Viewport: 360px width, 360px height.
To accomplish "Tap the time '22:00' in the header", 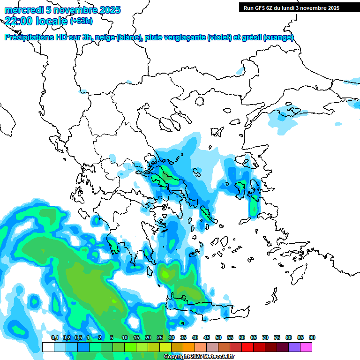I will click(x=20, y=20).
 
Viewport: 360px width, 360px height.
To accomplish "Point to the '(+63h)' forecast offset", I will click(x=82, y=21).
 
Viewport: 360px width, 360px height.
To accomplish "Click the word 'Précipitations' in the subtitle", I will click(x=29, y=37).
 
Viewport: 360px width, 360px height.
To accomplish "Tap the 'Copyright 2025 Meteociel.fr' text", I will click(x=199, y=357).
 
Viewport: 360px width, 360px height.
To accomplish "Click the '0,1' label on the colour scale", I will click(x=54, y=337).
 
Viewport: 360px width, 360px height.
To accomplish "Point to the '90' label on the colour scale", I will click(x=312, y=337).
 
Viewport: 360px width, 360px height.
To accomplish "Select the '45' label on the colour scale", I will click(x=207, y=337).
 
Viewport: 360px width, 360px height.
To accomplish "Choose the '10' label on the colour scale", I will click(x=125, y=337).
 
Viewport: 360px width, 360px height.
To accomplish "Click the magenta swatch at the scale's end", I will click(x=306, y=347).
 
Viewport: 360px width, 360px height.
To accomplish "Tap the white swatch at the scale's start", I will click(x=48, y=347).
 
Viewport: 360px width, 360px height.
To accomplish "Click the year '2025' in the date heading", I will click(x=107, y=10).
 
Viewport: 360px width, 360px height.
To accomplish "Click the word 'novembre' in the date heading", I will click(x=71, y=10).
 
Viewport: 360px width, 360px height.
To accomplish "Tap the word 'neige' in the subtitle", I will click(x=104, y=37).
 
